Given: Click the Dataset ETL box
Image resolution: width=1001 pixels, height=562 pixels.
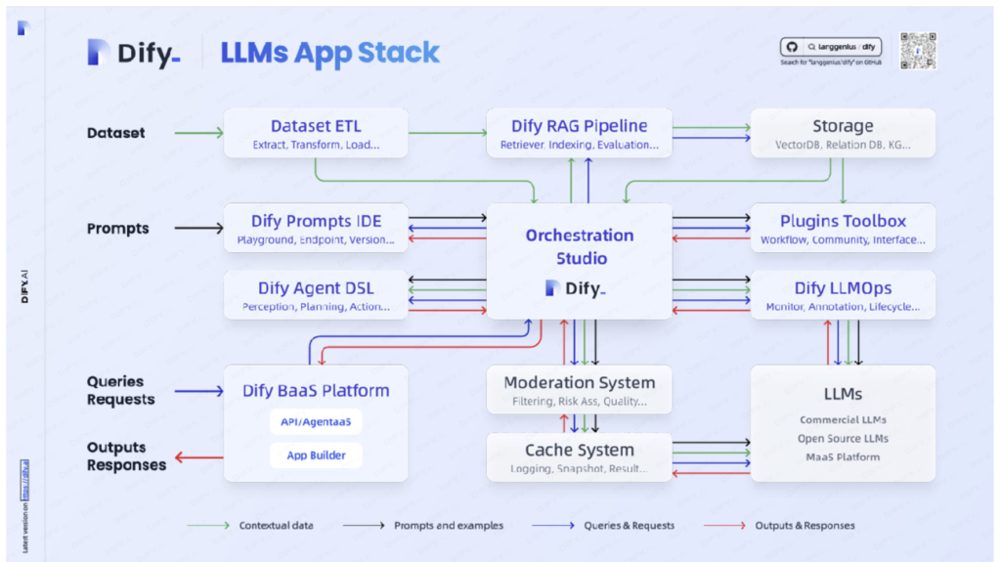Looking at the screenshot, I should [x=316, y=133].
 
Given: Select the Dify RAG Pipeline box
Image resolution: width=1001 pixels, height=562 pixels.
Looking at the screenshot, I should [x=579, y=133].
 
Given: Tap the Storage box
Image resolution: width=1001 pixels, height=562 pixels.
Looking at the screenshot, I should [x=842, y=133].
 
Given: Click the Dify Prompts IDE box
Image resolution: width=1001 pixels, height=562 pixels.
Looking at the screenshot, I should [x=316, y=228].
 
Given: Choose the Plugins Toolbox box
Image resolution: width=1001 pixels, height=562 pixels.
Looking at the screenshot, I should [x=842, y=228].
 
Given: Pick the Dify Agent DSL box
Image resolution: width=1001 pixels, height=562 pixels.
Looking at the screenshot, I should [x=316, y=295].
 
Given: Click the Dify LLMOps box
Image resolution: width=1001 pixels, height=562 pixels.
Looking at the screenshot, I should [x=842, y=295].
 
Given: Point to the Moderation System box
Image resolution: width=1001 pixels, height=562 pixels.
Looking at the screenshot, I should [x=579, y=389].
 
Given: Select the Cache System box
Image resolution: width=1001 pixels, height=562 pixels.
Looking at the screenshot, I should [x=579, y=456].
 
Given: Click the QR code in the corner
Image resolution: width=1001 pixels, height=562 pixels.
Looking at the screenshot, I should [x=918, y=51].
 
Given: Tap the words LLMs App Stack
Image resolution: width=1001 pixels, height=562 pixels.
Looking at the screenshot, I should [x=329, y=53].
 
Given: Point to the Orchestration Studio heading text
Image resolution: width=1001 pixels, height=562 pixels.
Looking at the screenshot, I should [x=579, y=246].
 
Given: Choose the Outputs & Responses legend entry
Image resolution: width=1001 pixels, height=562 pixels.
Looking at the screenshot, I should [x=805, y=526].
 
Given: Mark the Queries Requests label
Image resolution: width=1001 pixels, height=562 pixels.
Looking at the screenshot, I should [x=120, y=390].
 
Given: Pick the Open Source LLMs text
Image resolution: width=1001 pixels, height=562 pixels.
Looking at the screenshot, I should [x=843, y=439].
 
